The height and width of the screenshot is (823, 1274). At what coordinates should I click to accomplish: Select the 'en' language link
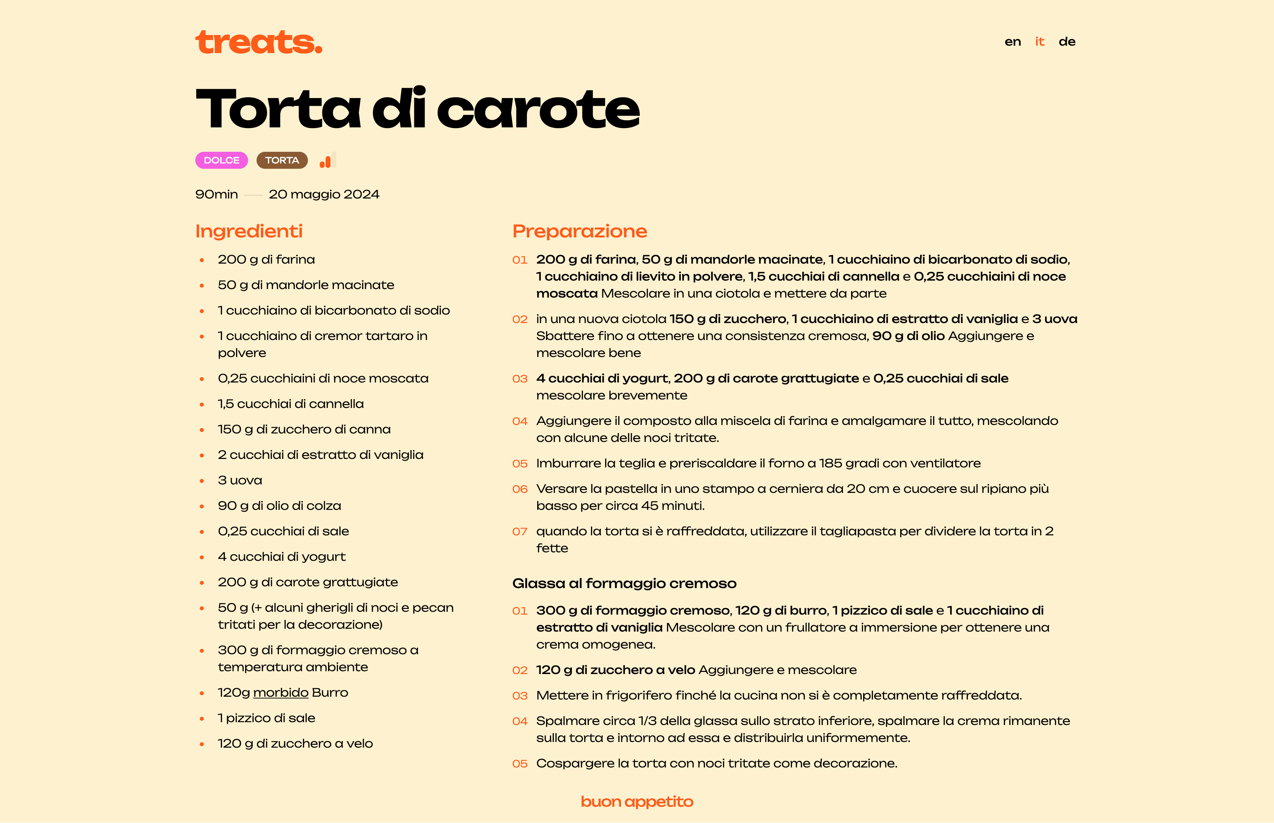(x=1012, y=42)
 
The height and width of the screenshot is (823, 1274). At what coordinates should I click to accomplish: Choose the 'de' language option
(x=1067, y=42)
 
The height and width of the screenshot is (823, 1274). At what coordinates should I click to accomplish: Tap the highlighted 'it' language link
(x=1039, y=42)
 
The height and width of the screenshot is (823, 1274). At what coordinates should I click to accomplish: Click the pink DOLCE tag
(x=221, y=160)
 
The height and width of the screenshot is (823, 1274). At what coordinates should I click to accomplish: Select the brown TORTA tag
(x=282, y=160)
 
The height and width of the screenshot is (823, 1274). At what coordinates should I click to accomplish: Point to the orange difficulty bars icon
(x=327, y=161)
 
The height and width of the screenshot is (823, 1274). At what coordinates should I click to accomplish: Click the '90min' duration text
(x=217, y=195)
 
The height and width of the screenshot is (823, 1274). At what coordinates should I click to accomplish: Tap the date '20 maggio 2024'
(x=324, y=195)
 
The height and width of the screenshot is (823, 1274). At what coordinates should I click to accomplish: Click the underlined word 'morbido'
(x=281, y=692)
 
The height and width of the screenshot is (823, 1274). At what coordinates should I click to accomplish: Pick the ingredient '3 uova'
(x=240, y=480)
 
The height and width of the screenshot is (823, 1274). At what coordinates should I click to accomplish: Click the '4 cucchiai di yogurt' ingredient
(x=282, y=557)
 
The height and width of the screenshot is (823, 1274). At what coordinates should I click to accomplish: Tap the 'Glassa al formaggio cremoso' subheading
(x=624, y=583)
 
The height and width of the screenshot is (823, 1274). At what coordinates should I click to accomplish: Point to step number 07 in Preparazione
(x=520, y=532)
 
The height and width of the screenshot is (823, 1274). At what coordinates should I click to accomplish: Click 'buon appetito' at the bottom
(x=636, y=802)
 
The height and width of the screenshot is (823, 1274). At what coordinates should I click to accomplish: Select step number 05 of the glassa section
(x=520, y=764)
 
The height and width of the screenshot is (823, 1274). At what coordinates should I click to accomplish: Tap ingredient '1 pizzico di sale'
(x=266, y=718)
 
